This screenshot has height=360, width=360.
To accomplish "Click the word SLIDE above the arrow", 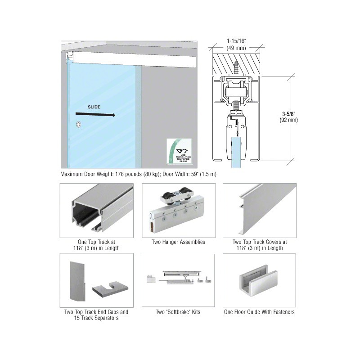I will tap(94, 107).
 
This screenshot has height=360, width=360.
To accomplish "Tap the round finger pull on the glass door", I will tap(79, 124).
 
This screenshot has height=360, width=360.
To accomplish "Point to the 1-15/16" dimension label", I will tap(236, 44).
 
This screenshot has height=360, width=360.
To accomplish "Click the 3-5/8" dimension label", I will tap(288, 117).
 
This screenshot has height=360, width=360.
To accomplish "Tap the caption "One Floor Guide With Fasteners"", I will tap(259, 312).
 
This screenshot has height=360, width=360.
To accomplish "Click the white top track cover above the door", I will tap(135, 58).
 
